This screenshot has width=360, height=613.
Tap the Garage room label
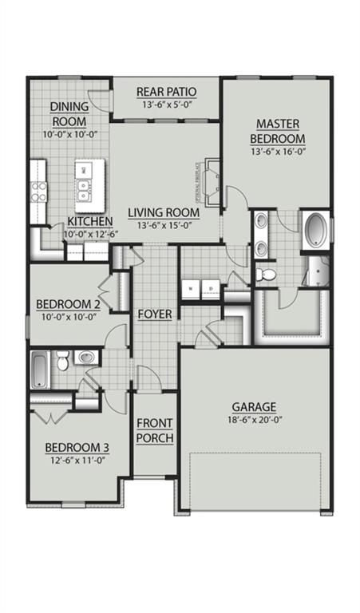click(254, 405)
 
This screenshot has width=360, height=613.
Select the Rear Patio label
click(166, 91)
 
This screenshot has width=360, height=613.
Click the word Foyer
click(154, 314)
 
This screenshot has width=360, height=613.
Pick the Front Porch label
click(154, 430)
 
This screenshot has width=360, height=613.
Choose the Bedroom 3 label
click(77, 446)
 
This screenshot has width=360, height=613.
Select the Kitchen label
click(89, 221)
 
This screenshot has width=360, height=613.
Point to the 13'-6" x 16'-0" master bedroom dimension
click(277, 152)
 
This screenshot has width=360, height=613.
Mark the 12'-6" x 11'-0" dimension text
click(77, 460)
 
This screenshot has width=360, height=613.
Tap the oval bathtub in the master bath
click(315, 230)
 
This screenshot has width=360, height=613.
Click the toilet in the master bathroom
click(268, 275)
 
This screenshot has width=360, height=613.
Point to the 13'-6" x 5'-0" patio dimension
click(166, 105)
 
